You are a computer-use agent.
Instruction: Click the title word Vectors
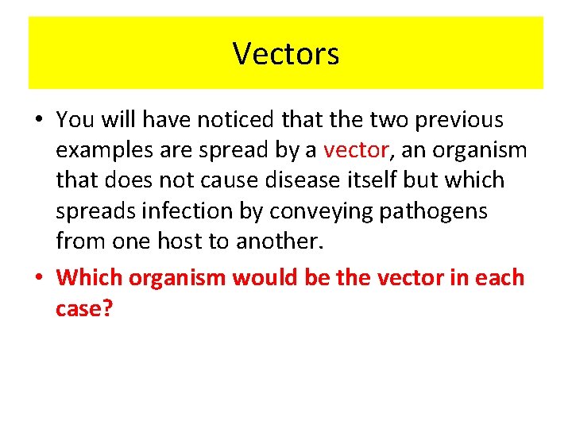286,53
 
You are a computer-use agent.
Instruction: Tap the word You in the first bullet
75,120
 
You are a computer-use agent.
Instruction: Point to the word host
187,242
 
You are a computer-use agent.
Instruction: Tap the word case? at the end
84,307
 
